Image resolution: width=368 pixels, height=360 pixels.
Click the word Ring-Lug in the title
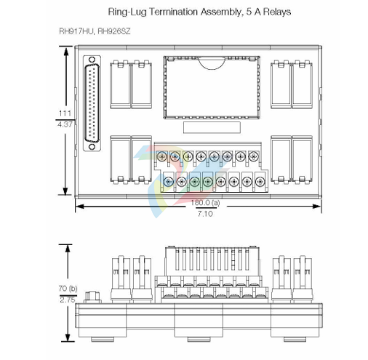click(x=127, y=12)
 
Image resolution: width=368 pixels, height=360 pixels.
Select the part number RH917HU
click(x=76, y=31)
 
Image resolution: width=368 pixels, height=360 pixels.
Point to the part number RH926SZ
click(x=114, y=31)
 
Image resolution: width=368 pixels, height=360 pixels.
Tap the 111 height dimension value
click(x=65, y=113)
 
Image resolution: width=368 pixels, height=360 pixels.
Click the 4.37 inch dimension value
click(x=65, y=124)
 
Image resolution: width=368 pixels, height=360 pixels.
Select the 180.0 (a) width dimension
click(x=205, y=202)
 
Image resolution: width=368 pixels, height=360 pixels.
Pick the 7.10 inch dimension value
click(x=205, y=214)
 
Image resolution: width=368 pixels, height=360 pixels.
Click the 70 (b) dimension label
click(x=68, y=289)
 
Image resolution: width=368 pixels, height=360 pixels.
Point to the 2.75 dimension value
click(x=68, y=300)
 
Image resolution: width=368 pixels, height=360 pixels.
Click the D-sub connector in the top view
click(x=92, y=103)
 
